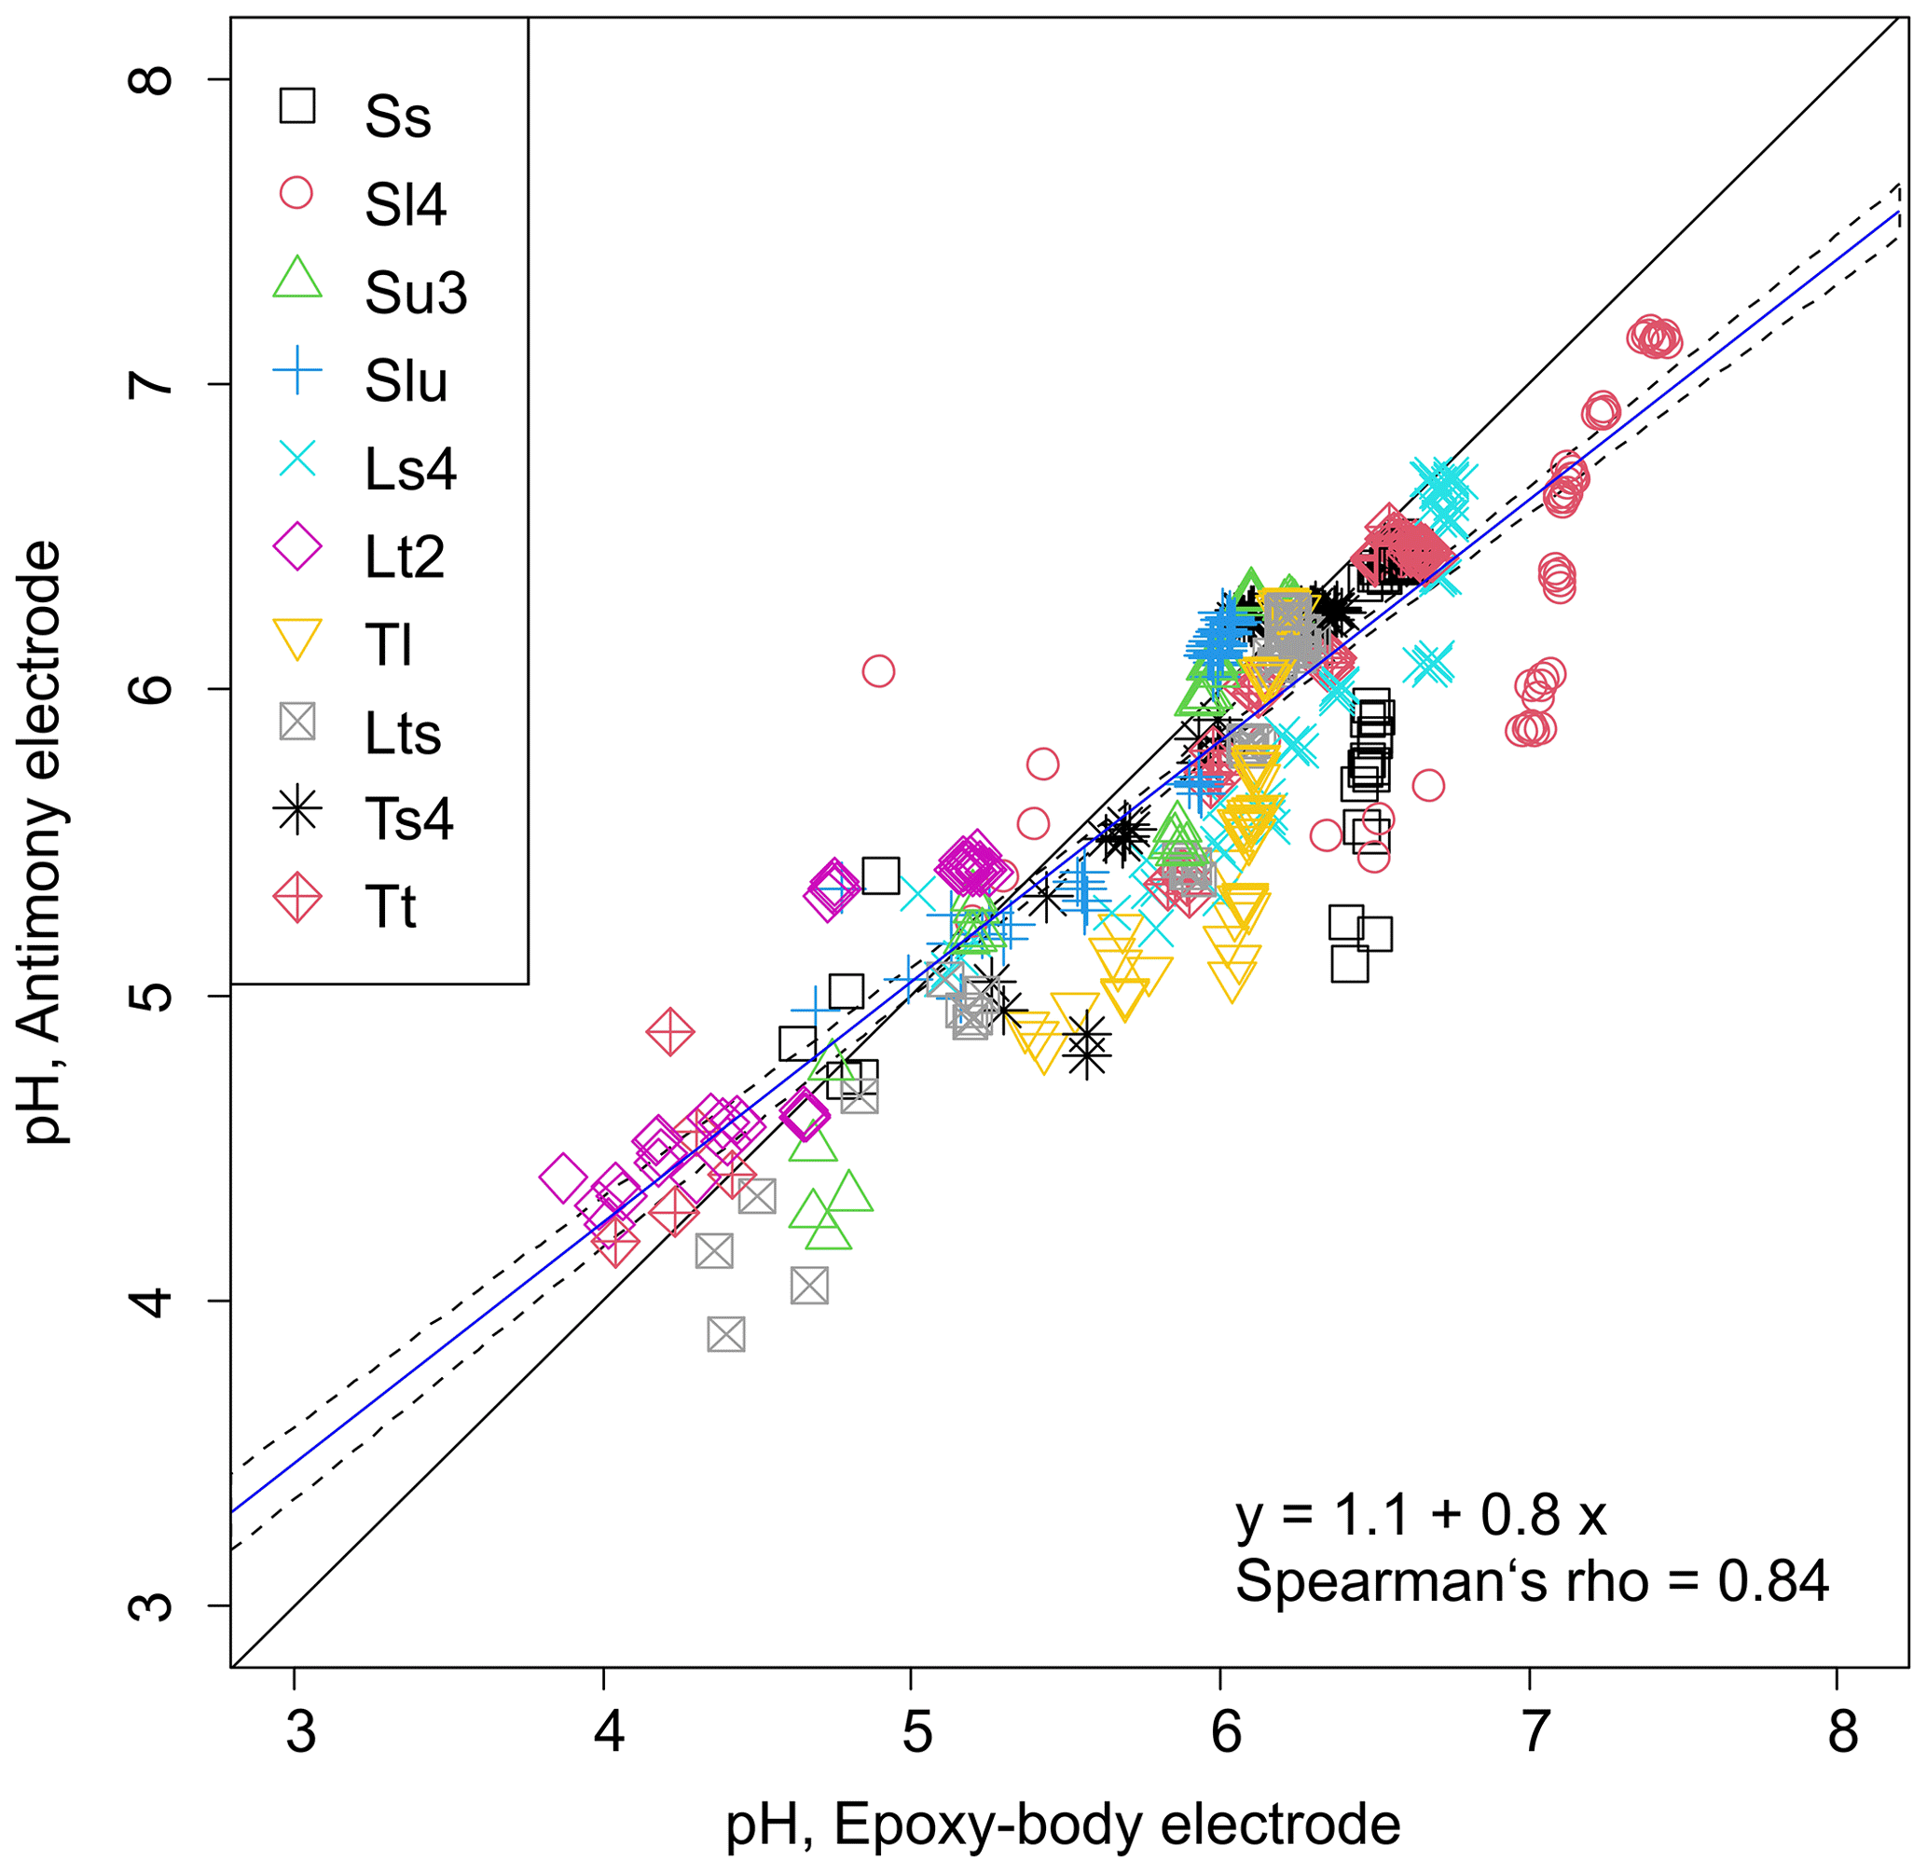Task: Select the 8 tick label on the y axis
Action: (153, 79)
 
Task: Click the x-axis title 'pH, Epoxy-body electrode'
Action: (1063, 1825)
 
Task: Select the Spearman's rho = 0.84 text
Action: (1532, 1582)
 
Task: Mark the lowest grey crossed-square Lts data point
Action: (726, 1335)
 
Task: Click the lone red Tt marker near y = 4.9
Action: (671, 1033)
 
